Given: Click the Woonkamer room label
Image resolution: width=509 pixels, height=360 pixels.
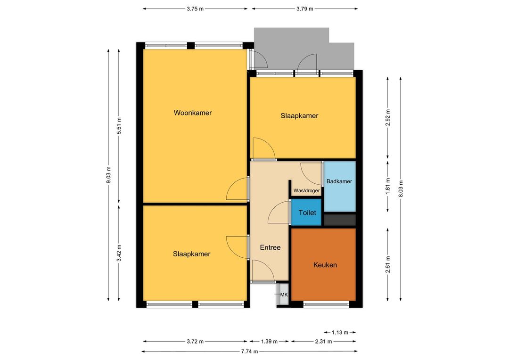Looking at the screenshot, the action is [192, 113].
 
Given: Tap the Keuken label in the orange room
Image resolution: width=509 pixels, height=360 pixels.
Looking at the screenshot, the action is [325, 265].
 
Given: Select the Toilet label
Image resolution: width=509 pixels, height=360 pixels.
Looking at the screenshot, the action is [307, 213].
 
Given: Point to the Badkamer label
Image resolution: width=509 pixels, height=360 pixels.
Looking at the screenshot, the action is [339, 181].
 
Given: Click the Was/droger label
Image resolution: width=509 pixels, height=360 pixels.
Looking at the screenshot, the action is [306, 190].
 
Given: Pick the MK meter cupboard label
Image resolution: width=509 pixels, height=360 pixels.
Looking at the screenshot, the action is [284, 295].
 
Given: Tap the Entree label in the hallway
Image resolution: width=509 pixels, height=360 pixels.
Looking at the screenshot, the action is [270, 247].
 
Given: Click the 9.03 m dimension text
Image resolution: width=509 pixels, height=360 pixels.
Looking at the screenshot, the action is [109, 175].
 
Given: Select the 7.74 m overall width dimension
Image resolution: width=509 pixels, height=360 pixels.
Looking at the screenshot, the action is [250, 351].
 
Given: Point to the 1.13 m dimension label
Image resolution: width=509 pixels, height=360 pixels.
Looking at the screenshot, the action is [340, 332].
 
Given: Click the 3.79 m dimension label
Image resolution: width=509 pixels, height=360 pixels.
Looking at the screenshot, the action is [305, 9].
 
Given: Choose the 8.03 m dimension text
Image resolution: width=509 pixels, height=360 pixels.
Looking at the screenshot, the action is [401, 188].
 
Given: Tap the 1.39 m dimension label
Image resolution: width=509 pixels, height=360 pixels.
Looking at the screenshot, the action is [269, 341].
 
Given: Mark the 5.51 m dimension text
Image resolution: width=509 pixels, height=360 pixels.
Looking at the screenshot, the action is [119, 126].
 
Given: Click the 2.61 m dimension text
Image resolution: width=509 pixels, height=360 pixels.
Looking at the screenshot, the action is [387, 264].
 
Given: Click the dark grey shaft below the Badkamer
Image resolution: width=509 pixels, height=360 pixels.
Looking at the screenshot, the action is [340, 220].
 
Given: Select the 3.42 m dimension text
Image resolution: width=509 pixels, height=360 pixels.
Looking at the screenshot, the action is [119, 253].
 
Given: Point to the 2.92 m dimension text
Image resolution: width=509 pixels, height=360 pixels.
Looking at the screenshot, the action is [387, 118].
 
